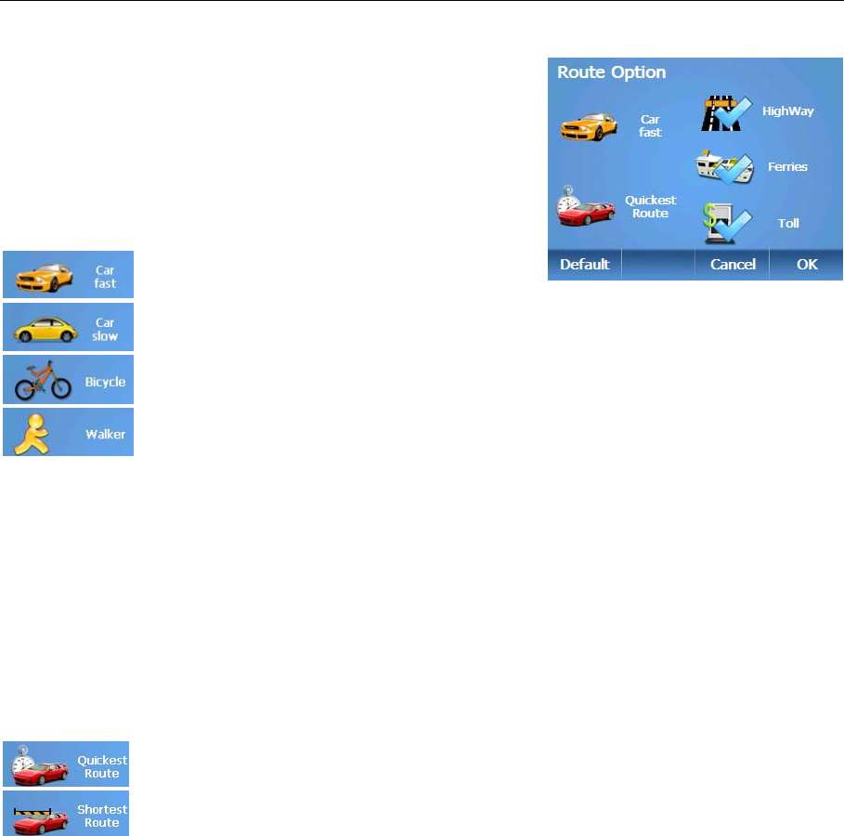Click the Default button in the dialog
pyautogui.click(x=584, y=265)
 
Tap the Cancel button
pyautogui.click(x=733, y=265)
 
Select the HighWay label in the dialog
pyautogui.click(x=787, y=111)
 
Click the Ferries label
pyautogui.click(x=787, y=167)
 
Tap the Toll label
pyautogui.click(x=788, y=224)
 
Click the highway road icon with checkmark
pyautogui.click(x=724, y=112)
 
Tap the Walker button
pyautogui.click(x=68, y=432)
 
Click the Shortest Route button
pyautogui.click(x=66, y=814)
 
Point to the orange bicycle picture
pyautogui.click(x=37, y=380)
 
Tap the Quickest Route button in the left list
pyautogui.click(x=66, y=764)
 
